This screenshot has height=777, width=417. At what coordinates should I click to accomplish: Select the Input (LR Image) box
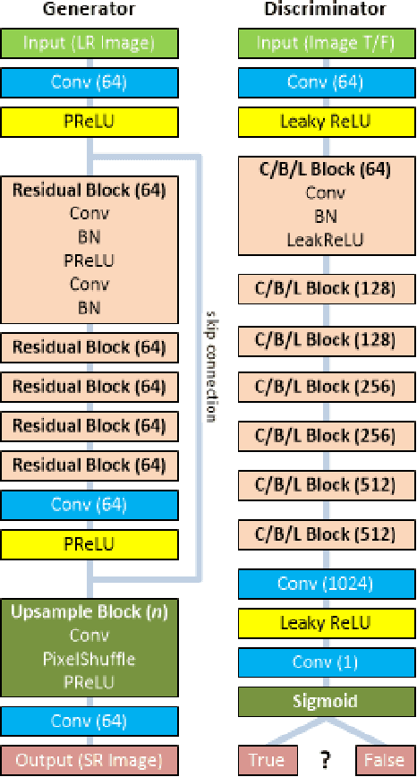pyautogui.click(x=89, y=43)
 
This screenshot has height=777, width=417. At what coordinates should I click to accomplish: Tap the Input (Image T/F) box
pyautogui.click(x=326, y=43)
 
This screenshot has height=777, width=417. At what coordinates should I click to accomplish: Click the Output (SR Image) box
pyautogui.click(x=89, y=760)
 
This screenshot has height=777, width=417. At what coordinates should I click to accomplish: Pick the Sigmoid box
pyautogui.click(x=326, y=701)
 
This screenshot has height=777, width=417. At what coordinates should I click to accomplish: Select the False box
pyautogui.click(x=385, y=760)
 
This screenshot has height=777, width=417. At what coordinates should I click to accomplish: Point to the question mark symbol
pyautogui.click(x=327, y=760)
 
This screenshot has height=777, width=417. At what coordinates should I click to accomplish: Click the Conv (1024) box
pyautogui.click(x=326, y=585)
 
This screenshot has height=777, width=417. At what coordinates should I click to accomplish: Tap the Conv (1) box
pyautogui.click(x=326, y=662)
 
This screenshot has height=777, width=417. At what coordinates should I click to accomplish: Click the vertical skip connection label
pyautogui.click(x=212, y=367)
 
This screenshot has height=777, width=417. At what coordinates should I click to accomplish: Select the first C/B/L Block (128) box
pyautogui.click(x=326, y=289)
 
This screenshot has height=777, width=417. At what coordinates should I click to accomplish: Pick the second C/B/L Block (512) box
pyautogui.click(x=326, y=535)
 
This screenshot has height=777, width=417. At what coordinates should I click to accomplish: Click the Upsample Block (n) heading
pyautogui.click(x=89, y=614)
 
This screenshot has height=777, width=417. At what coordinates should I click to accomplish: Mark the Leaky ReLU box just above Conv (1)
pyautogui.click(x=326, y=623)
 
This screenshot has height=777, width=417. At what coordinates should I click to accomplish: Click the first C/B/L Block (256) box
pyautogui.click(x=326, y=388)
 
